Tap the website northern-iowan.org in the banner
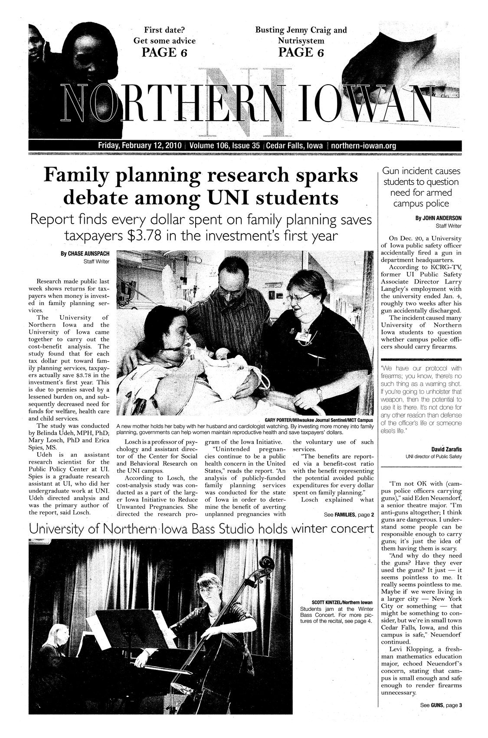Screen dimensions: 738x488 364,145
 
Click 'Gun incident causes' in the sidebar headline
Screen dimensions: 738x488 421,171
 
